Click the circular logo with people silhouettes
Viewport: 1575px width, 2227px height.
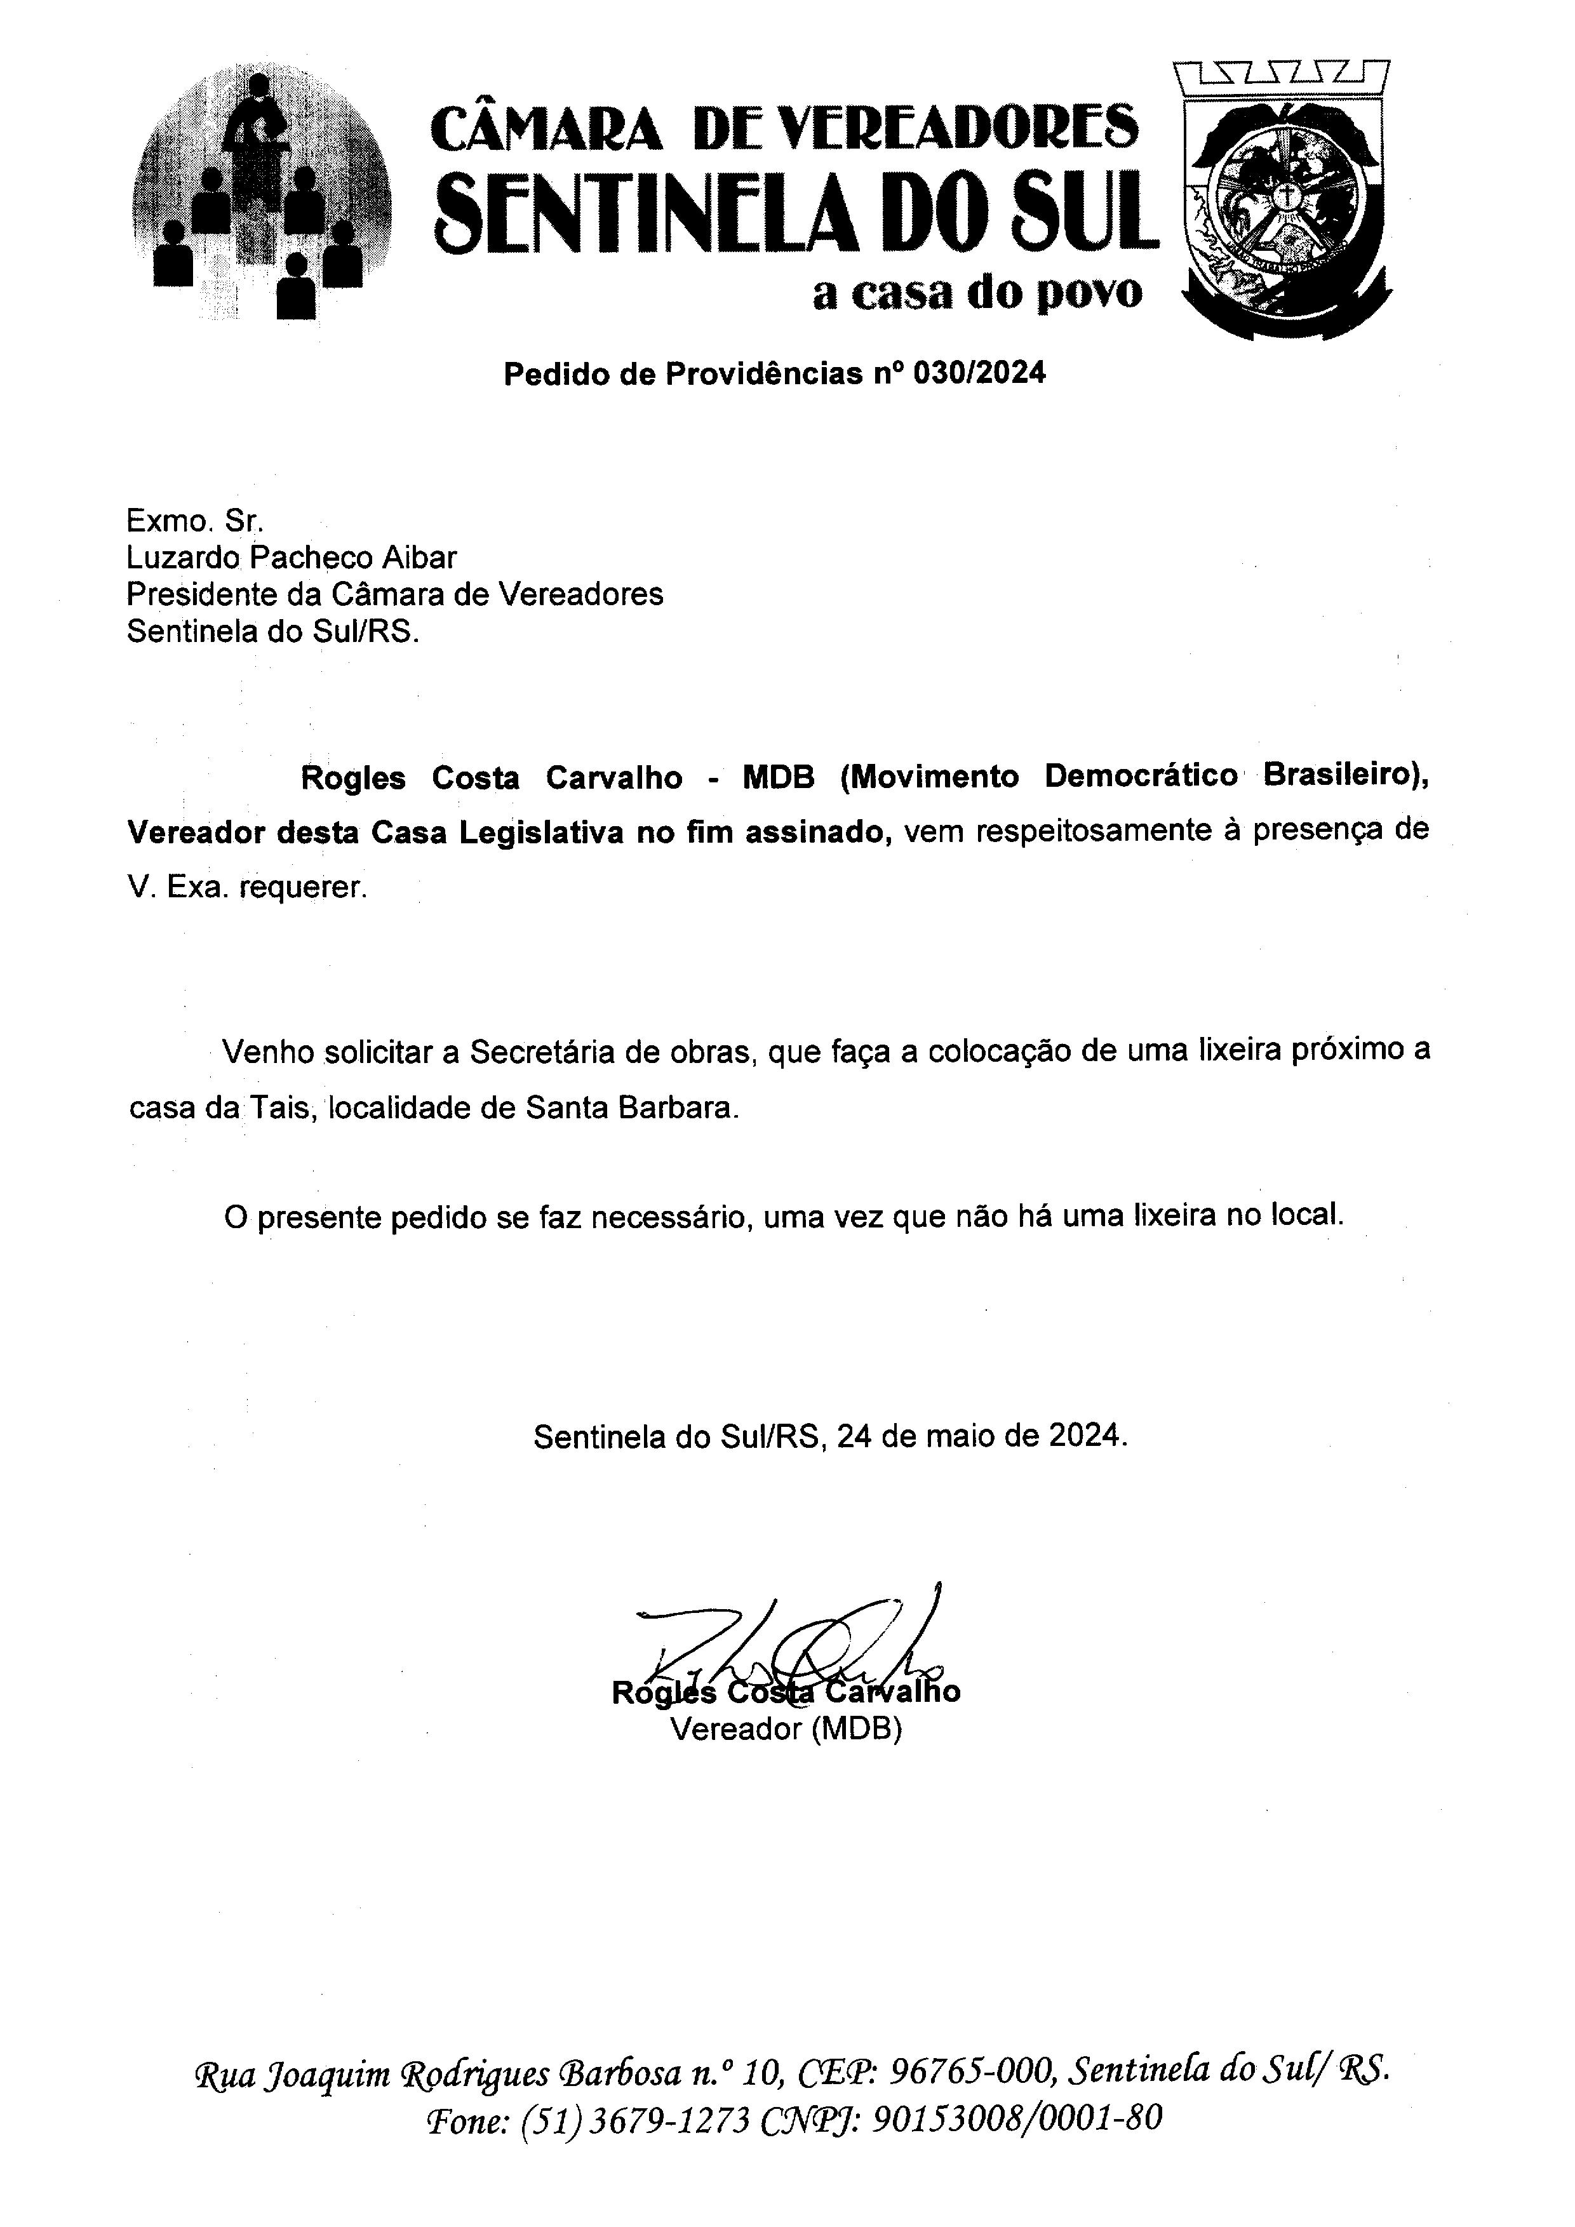[x=263, y=194]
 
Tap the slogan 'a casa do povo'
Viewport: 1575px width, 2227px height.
[x=977, y=293]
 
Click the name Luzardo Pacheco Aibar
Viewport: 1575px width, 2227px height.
[x=291, y=557]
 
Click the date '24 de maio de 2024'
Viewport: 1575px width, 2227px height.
[x=981, y=1436]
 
